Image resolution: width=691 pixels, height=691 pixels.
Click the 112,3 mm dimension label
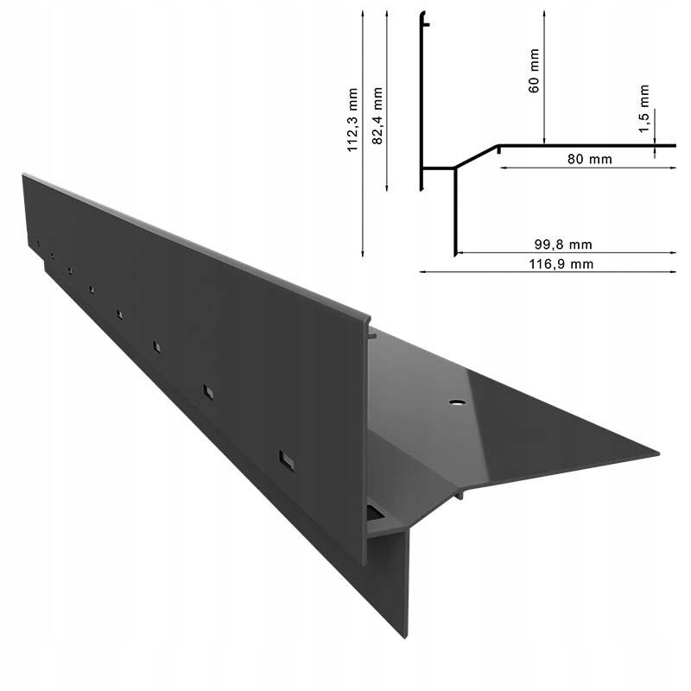point(352,130)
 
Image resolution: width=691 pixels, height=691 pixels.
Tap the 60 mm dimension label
point(534,74)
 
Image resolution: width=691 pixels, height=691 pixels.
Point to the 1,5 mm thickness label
point(644,108)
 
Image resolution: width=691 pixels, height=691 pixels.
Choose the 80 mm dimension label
point(590,160)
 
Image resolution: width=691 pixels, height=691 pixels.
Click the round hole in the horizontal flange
point(455,403)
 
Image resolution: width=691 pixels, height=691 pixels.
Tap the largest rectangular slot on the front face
point(287,460)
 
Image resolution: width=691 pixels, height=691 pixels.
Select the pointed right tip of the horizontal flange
point(657,453)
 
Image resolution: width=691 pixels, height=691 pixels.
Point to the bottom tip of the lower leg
point(404,637)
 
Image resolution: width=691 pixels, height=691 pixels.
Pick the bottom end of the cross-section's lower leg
point(454,255)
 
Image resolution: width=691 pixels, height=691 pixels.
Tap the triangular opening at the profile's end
point(375,514)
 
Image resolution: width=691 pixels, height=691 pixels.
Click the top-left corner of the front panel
point(23,175)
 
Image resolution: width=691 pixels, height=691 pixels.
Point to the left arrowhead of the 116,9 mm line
point(422,271)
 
